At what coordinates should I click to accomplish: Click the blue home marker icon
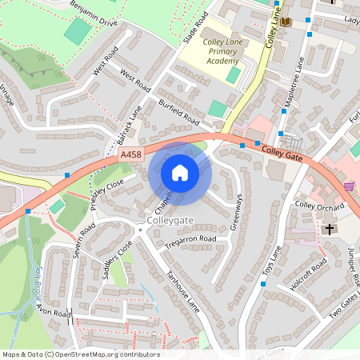[x=180, y=173]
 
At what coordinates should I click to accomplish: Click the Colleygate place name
[x=170, y=218]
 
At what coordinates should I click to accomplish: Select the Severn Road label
[x=82, y=238]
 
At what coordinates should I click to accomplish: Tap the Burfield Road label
[x=178, y=113]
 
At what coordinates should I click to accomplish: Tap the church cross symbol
[x=329, y=230]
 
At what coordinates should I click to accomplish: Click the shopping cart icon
[x=349, y=186]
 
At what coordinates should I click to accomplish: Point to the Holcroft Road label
[x=308, y=275]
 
